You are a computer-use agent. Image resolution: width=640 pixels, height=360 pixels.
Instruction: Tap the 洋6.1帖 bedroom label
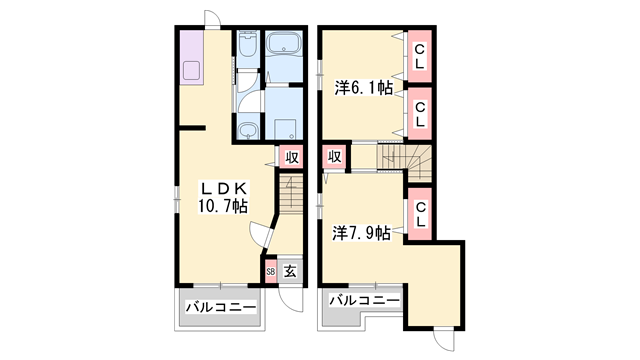click(x=361, y=89)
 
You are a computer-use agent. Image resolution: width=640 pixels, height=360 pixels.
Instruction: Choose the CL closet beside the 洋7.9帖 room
click(x=420, y=212)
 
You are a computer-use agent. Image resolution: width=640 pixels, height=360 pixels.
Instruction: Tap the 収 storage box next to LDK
click(x=291, y=157)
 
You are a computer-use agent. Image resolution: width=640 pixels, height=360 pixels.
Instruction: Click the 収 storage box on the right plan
click(x=334, y=157)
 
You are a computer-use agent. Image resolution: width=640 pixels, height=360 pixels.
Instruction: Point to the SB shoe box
click(x=271, y=270)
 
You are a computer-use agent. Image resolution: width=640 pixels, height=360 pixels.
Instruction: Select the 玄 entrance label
click(x=289, y=270)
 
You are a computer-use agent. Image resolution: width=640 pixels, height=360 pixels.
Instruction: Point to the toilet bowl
click(x=247, y=45)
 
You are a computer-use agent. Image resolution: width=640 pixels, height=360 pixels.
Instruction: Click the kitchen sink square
click(x=192, y=71)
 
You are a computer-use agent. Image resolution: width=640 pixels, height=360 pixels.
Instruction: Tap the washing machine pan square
click(x=286, y=127)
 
